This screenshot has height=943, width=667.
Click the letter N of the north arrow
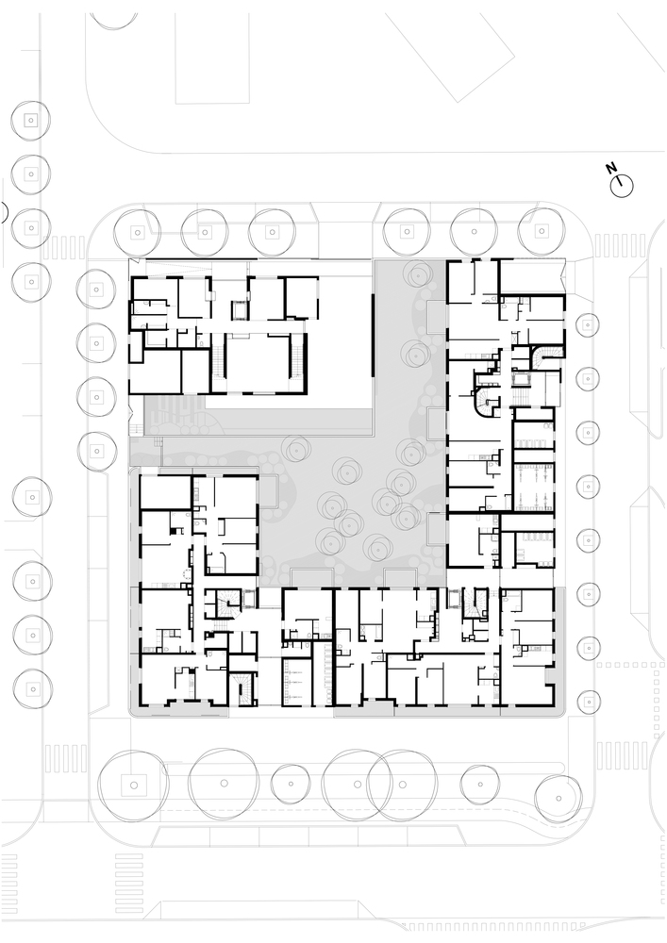pos(611,167)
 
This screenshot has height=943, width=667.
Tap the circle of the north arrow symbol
pos(622,186)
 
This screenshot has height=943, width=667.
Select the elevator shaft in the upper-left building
pos(240,309)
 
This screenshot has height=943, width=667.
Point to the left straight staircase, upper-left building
pos(217,363)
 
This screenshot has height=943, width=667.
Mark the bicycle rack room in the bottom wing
pos(298,682)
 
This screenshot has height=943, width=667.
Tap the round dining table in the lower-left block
pos(183,572)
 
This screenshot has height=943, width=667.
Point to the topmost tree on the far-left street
pos(30,121)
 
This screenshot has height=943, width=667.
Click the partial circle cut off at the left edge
pos(5,211)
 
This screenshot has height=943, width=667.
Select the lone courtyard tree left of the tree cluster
pos(294,450)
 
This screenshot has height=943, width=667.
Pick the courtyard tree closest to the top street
pos(417,274)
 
